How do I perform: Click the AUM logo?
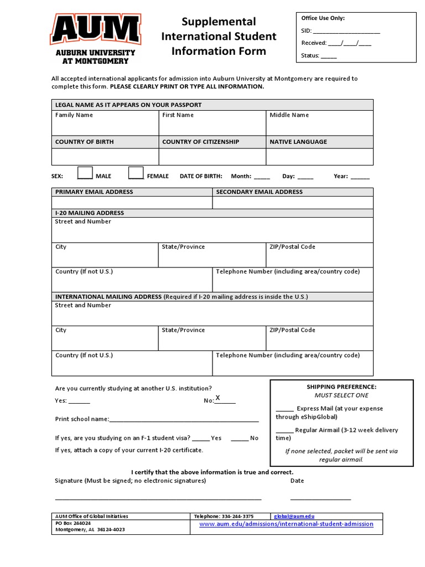pos(95,39)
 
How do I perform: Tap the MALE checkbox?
pos(85,173)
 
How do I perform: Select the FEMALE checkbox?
pos(136,173)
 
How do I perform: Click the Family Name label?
pos(74,115)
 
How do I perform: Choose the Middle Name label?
pos(289,115)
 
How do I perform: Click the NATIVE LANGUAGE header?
pos(298,142)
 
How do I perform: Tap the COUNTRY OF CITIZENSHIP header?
pos(200,142)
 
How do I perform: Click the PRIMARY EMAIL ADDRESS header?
pos(94,192)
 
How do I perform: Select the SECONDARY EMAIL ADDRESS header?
pos(259,192)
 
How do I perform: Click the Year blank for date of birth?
pos(360,177)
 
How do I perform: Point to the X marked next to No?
pos(218,398)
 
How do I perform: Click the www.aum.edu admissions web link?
pos(286,524)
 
